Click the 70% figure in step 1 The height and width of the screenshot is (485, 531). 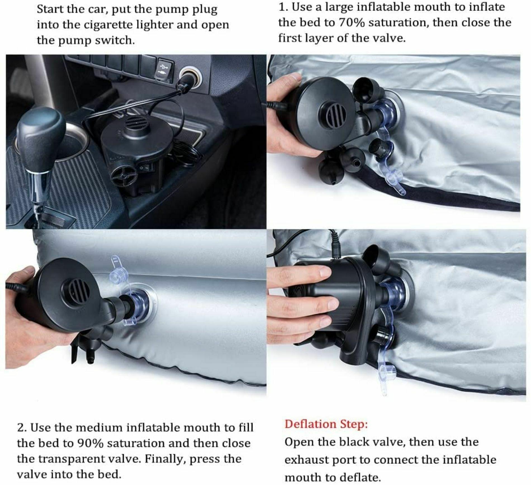[x=351, y=22]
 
